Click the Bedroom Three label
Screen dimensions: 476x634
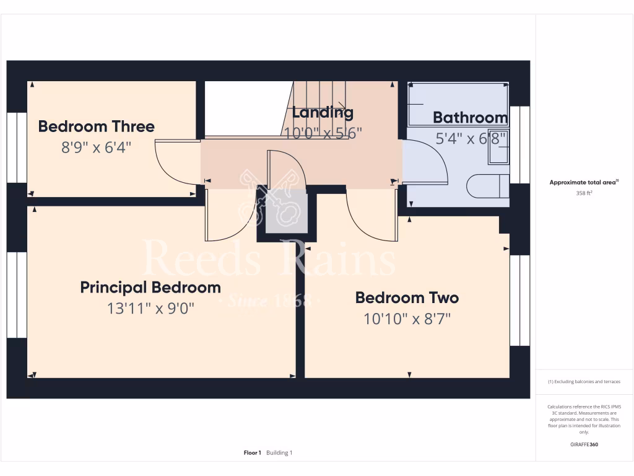(96, 126)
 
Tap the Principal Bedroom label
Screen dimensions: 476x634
(150, 288)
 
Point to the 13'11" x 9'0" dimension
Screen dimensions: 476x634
(150, 308)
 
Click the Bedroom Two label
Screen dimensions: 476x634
(407, 297)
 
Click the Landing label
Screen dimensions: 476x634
(323, 112)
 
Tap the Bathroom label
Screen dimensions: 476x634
(470, 117)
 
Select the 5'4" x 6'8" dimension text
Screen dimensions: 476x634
(471, 138)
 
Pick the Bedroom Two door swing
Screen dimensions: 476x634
(370, 217)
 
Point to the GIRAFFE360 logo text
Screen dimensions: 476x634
(584, 444)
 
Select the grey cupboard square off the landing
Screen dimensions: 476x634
(287, 213)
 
